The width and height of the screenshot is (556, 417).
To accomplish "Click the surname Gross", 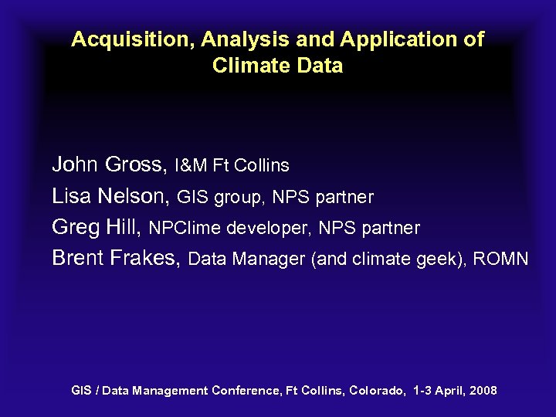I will coord(136,164).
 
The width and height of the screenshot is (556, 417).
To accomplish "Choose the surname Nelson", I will coord(134,197).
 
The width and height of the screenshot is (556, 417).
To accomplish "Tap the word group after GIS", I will coord(237,198).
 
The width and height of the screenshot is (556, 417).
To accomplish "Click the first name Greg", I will coord(74,228).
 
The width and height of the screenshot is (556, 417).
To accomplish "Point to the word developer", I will coord(266,229).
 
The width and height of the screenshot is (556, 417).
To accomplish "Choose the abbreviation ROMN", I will coord(500,259).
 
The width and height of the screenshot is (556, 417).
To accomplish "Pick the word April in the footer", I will coord(451,391).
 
